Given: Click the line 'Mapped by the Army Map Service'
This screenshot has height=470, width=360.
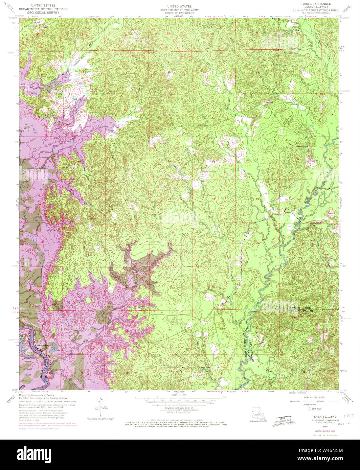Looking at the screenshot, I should tap(37, 395).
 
